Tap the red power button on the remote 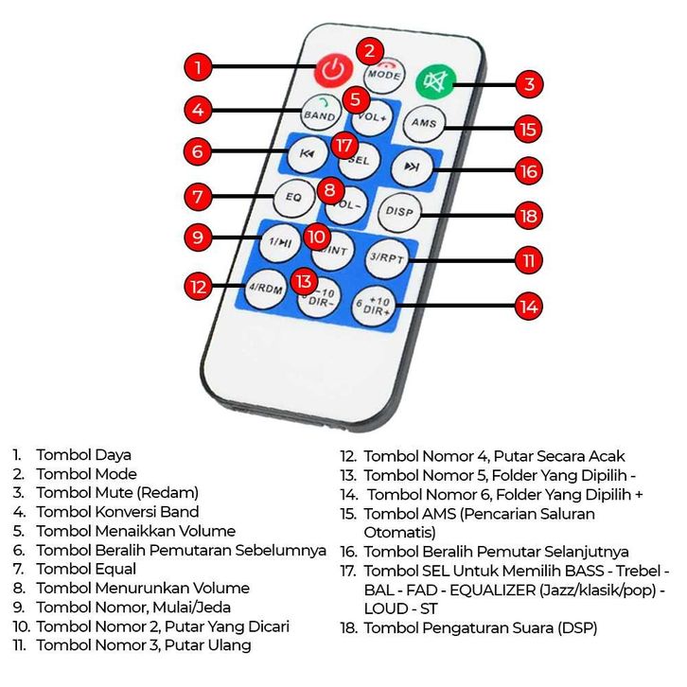333,70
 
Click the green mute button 435,82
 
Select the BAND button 321,113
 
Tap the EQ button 294,197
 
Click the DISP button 399,212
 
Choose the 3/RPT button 387,258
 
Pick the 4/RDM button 266,289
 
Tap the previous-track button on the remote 308,154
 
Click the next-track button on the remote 412,167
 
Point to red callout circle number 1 198,67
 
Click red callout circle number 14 528,307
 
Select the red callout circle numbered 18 528,216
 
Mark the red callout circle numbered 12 198,287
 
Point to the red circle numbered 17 344,145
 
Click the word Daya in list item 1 113,455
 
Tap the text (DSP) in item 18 577,628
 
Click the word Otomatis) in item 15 399,533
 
